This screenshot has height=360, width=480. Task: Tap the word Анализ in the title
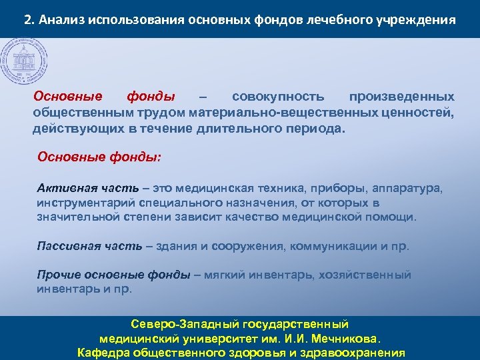[x=61, y=19]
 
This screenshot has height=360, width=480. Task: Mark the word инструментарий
[x=81, y=203]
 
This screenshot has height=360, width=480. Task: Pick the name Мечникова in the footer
[x=343, y=339]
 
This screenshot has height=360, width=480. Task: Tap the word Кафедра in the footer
[x=104, y=353]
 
